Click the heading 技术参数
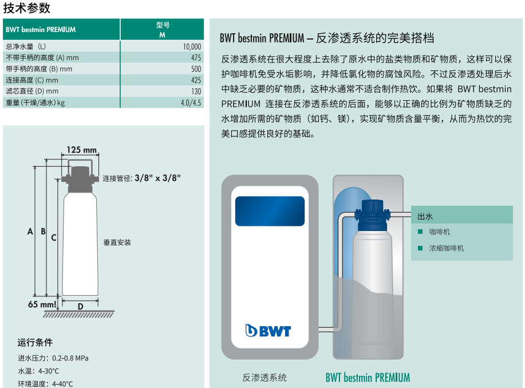click(x=27, y=7)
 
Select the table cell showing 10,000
click(x=192, y=46)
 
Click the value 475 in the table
click(x=196, y=58)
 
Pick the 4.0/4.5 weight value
click(x=191, y=103)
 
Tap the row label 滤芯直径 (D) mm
click(x=32, y=92)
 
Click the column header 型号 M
click(x=163, y=29)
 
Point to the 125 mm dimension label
click(x=82, y=150)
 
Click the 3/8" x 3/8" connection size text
click(x=157, y=178)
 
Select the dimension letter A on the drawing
click(x=30, y=232)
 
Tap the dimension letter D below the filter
click(x=80, y=307)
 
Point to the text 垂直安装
click(x=117, y=242)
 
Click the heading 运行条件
click(x=35, y=343)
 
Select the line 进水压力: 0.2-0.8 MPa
click(x=53, y=358)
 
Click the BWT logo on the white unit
click(x=268, y=331)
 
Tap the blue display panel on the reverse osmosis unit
click(x=270, y=211)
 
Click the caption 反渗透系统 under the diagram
click(x=265, y=378)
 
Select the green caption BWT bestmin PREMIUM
click(x=368, y=378)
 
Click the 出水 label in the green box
click(x=425, y=216)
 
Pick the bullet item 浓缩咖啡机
click(x=447, y=248)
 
